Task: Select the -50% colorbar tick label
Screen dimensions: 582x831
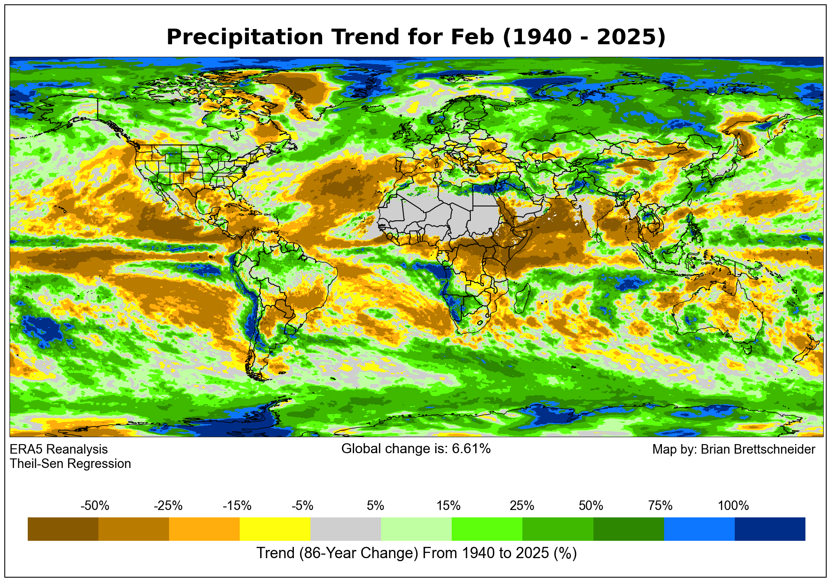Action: [x=95, y=506]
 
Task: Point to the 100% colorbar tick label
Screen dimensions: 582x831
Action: [x=733, y=506]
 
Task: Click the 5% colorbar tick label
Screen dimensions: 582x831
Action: [x=375, y=506]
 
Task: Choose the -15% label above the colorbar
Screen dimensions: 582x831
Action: [x=237, y=506]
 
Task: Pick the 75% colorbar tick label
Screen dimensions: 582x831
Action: [x=660, y=506]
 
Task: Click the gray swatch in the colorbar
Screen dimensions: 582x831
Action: [x=345, y=529]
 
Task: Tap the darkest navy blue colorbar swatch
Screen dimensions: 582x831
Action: [x=770, y=529]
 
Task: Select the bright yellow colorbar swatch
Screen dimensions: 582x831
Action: [x=275, y=529]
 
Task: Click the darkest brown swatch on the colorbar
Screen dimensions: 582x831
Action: [x=63, y=529]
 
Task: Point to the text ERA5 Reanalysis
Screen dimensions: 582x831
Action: [x=59, y=449]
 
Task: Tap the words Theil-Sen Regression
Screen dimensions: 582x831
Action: [x=70, y=464]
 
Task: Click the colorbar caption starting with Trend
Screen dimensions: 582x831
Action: [x=416, y=553]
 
